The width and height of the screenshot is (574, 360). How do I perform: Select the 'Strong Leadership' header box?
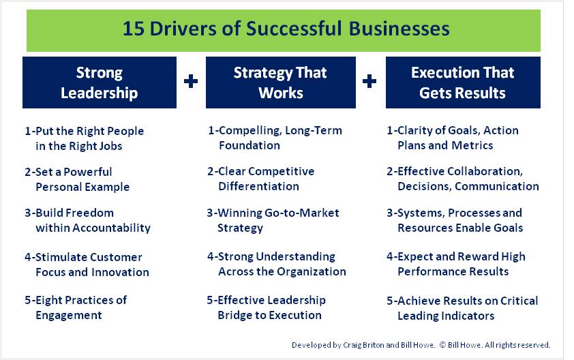(x=99, y=82)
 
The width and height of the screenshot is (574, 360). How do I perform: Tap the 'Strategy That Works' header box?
(x=280, y=82)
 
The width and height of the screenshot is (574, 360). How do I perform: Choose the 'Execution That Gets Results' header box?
(x=463, y=82)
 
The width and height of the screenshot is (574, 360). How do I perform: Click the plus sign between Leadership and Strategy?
(x=191, y=82)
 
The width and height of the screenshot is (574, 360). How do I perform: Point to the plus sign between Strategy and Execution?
(x=369, y=82)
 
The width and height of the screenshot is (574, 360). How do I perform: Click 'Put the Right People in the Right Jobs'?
(x=85, y=138)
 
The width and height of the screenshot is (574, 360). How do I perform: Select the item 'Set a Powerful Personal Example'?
(x=76, y=179)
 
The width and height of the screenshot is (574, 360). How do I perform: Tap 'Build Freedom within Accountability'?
(x=87, y=220)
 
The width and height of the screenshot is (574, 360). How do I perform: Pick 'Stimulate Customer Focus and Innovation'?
(x=87, y=265)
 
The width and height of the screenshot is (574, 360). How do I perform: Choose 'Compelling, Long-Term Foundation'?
(x=275, y=138)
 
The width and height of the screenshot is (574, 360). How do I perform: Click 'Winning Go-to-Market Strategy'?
(x=273, y=220)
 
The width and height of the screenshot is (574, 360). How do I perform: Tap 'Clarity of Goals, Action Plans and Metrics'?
(x=453, y=138)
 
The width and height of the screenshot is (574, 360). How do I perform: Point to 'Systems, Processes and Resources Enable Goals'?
(x=455, y=220)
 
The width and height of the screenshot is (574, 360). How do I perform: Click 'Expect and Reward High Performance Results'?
(x=456, y=264)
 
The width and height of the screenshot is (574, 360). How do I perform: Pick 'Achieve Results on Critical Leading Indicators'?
(x=462, y=308)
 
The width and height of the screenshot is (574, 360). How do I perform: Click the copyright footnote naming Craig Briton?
(x=421, y=345)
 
